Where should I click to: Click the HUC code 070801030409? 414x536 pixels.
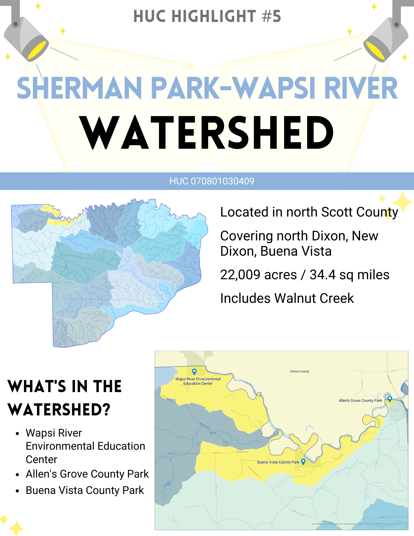pyautogui.click(x=222, y=181)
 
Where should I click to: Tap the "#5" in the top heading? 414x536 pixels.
pyautogui.click(x=271, y=16)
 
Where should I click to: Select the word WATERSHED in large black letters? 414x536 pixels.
pyautogui.click(x=207, y=132)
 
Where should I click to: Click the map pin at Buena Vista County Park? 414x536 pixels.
pyautogui.click(x=303, y=461)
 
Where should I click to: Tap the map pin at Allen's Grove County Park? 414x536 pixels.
pyautogui.click(x=390, y=399)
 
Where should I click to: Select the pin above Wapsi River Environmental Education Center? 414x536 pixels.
pyautogui.click(x=194, y=371)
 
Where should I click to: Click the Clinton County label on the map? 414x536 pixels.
pyautogui.click(x=299, y=371)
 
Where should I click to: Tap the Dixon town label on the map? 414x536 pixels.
pyautogui.click(x=213, y=433)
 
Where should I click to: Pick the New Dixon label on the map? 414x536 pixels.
pyautogui.click(x=243, y=452)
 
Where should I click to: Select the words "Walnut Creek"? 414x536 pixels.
pyautogui.click(x=314, y=298)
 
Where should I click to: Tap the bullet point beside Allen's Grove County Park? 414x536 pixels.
pyautogui.click(x=17, y=475)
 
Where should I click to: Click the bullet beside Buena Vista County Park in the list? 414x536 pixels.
pyautogui.click(x=17, y=491)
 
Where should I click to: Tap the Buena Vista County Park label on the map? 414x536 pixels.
pyautogui.click(x=278, y=462)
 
